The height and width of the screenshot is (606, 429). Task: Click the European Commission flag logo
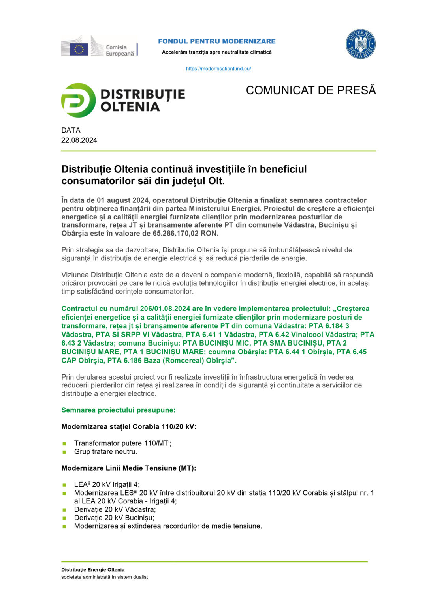point(79,49)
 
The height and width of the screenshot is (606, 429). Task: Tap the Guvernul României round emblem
point(360,44)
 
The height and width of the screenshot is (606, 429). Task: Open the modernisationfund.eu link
point(218,69)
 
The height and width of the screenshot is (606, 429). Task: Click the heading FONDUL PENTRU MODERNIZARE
point(217,41)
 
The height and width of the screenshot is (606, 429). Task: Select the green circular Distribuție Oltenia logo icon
point(78,100)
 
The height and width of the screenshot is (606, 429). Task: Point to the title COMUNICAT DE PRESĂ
point(311,90)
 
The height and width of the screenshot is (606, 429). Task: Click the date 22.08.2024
point(79,140)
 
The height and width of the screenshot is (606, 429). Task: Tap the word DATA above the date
point(71,130)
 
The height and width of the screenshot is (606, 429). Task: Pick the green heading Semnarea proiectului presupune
point(119,410)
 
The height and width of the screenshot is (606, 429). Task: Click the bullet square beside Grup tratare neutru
point(64,452)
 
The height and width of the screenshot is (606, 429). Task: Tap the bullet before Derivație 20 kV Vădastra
point(64,510)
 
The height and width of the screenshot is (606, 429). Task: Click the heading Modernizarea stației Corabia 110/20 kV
point(129,426)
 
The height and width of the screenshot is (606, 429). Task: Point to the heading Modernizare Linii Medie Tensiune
point(129,468)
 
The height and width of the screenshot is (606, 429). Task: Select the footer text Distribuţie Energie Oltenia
point(93,570)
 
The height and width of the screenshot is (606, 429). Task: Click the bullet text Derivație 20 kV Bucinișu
point(114,518)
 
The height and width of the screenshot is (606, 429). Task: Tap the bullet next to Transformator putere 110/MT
point(64,444)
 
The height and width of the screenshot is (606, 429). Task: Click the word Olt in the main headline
point(217,181)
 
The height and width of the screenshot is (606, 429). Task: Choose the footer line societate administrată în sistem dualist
point(104,577)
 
